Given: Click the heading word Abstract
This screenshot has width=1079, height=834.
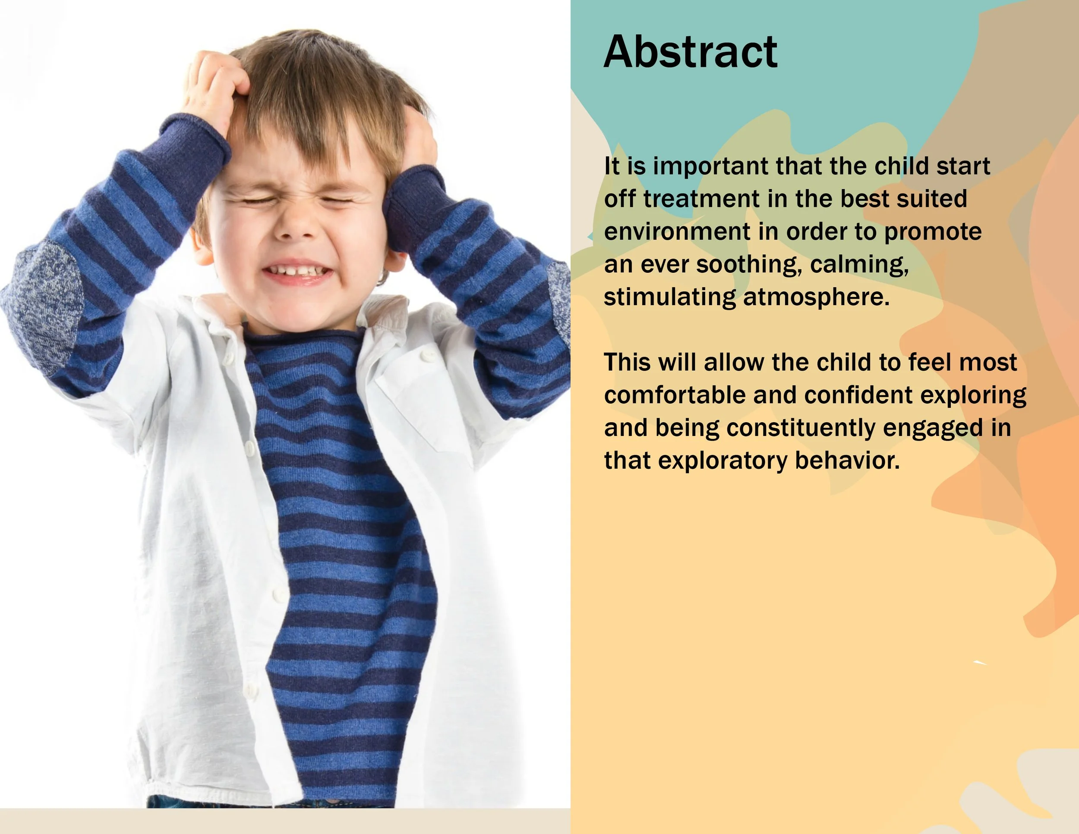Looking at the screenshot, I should coord(690,52).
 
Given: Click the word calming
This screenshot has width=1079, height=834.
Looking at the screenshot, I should coord(859,264).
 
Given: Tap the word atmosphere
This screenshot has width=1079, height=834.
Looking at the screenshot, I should coord(816,297).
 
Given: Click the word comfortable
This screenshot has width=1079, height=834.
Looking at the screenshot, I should coord(674,395).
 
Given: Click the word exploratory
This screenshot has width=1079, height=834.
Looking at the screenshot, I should coord(723,461).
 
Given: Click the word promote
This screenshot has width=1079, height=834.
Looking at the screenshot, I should coord(932,232).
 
